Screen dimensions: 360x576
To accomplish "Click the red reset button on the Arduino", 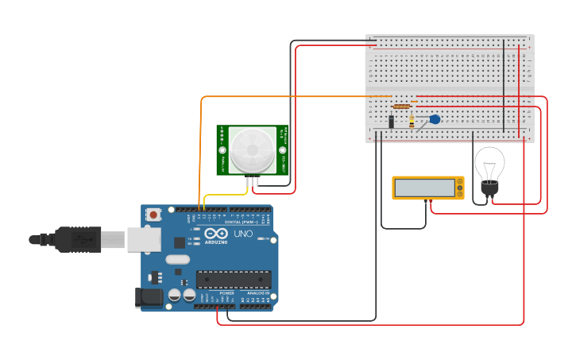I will (x=153, y=214).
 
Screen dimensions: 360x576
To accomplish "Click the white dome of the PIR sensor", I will (x=250, y=149).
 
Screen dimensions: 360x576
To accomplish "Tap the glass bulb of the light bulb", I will (x=489, y=165).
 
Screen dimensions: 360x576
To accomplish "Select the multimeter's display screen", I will (x=423, y=188).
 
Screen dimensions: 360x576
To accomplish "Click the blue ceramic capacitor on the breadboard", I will (x=434, y=119).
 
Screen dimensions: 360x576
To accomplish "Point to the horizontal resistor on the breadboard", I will (x=402, y=106).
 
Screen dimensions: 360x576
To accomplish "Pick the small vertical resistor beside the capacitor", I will (x=412, y=122).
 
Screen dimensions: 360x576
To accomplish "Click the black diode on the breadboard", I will (x=391, y=122).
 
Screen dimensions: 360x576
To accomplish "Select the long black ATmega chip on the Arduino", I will (x=234, y=279).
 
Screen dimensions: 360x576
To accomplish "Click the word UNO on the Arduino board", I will (x=242, y=235).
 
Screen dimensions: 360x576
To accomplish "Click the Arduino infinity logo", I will (x=215, y=235).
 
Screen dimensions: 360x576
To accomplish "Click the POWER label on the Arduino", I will (x=226, y=292).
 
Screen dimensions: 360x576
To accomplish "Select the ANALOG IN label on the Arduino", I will (x=257, y=292).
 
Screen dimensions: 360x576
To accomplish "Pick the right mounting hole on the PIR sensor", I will (x=281, y=149).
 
